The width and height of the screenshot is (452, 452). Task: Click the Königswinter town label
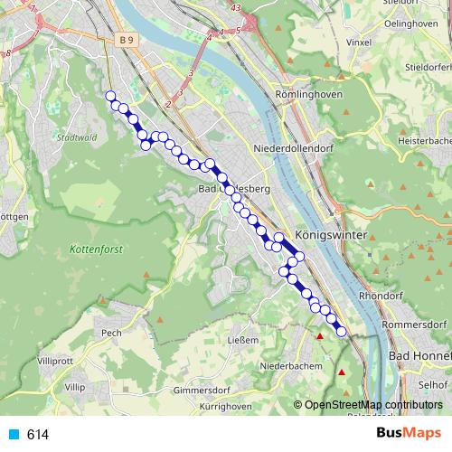pos(330,233)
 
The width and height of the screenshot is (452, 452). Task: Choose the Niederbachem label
pos(286,366)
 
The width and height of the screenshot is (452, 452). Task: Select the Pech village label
pos(111,333)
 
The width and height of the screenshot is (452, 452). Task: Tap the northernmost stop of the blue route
pos(111,97)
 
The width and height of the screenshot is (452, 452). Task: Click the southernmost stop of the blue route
pos(342,332)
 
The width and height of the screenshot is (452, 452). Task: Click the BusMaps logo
pos(408,434)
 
